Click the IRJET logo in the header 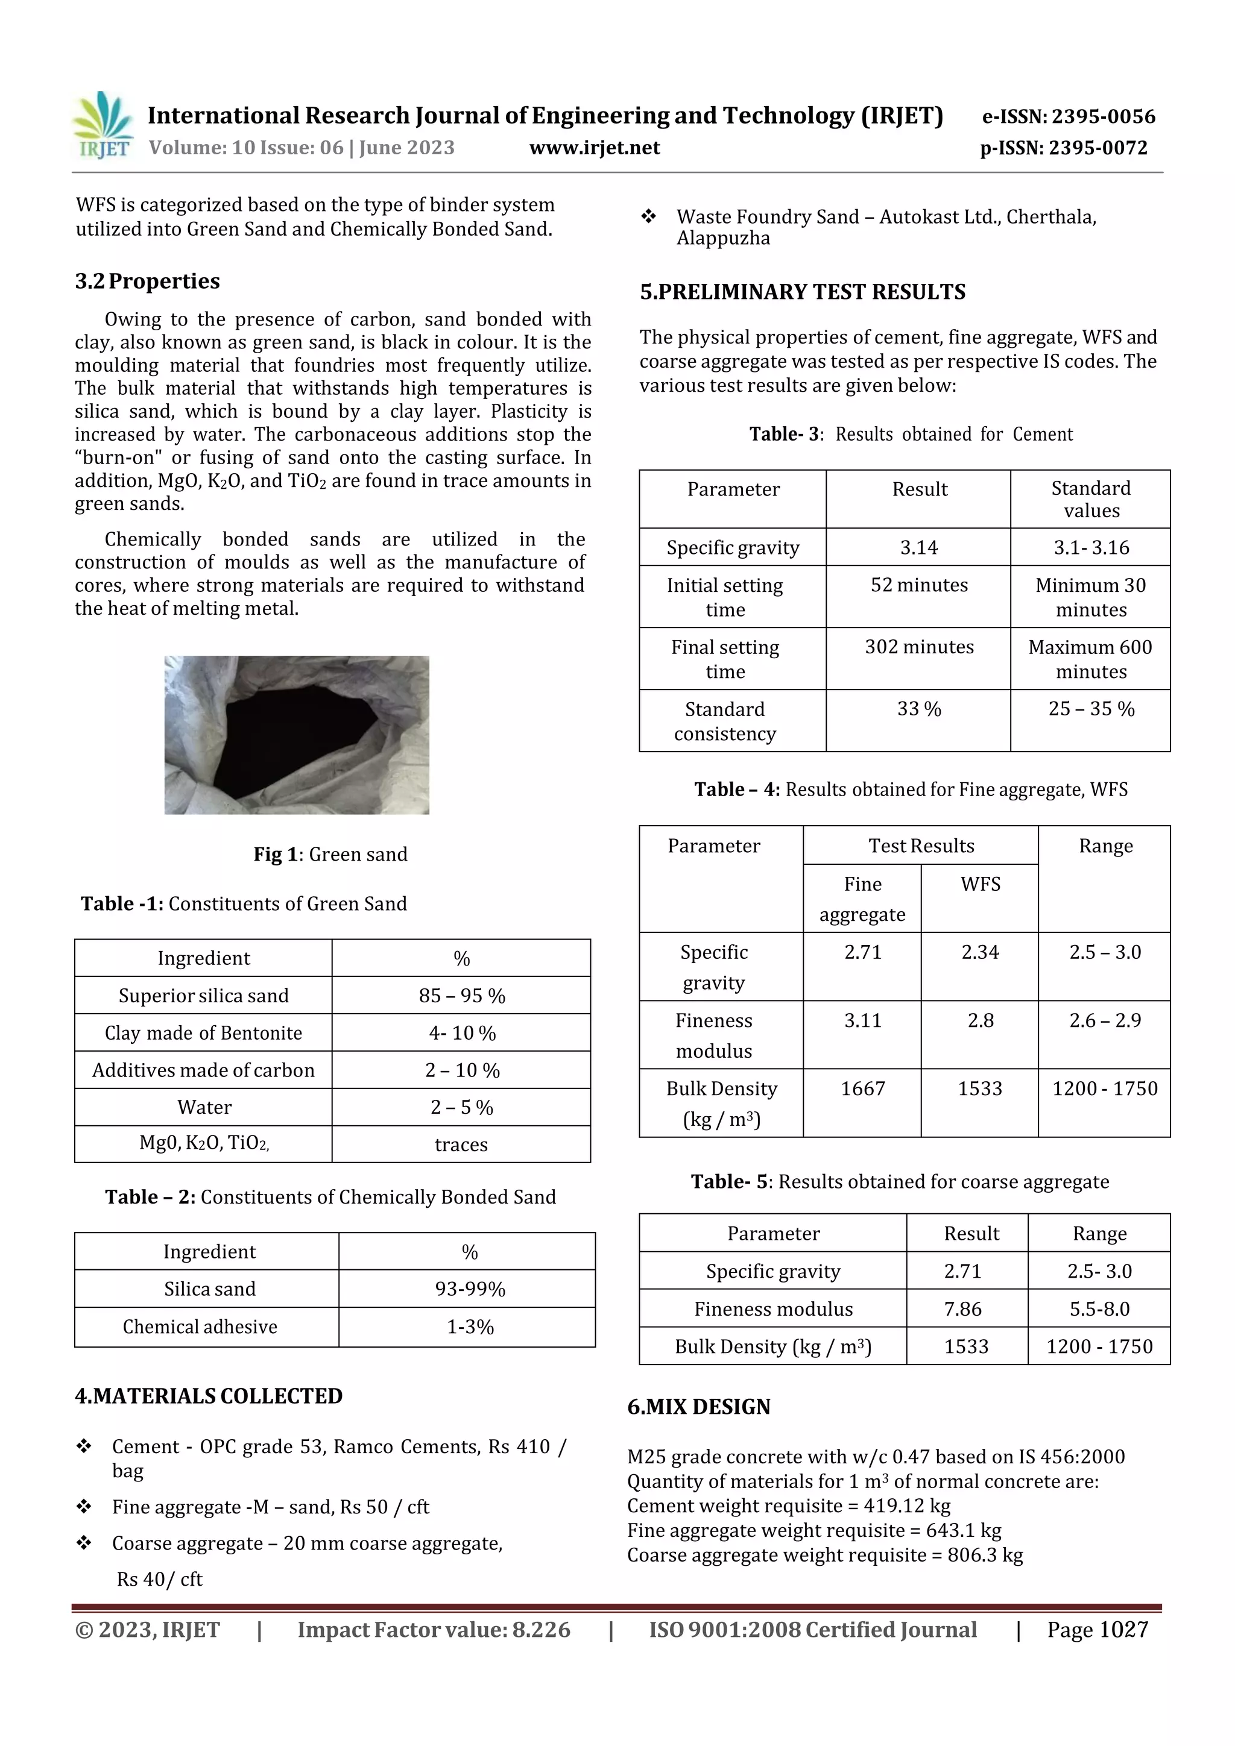pyautogui.click(x=103, y=125)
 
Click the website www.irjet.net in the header pyautogui.click(x=595, y=148)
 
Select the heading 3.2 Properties pyautogui.click(x=147, y=281)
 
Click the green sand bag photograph pyautogui.click(x=297, y=735)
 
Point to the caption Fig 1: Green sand pyautogui.click(x=330, y=854)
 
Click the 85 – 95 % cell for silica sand pyautogui.click(x=461, y=996)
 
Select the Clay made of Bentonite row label pyautogui.click(x=203, y=1032)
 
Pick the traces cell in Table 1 pyautogui.click(x=461, y=1145)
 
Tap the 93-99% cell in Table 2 pyautogui.click(x=470, y=1289)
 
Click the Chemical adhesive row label pyautogui.click(x=200, y=1327)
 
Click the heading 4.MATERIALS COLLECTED pyautogui.click(x=209, y=1396)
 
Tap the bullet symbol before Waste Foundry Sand pyautogui.click(x=648, y=218)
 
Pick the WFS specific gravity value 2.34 pyautogui.click(x=979, y=952)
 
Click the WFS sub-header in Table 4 pyautogui.click(x=980, y=884)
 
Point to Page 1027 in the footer pyautogui.click(x=1096, y=1630)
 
